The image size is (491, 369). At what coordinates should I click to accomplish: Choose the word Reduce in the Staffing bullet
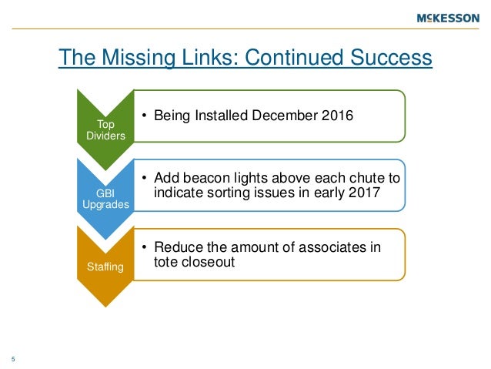[179, 247]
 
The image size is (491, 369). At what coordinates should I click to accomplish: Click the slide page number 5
[13, 357]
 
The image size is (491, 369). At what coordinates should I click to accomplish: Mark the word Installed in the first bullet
[222, 116]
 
